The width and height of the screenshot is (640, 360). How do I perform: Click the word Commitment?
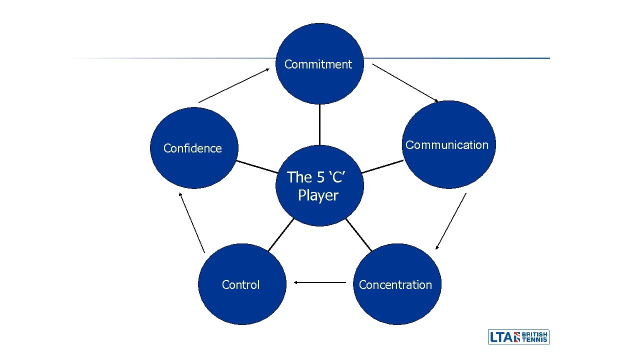click(318, 64)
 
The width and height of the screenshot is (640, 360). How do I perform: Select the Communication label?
click(446, 145)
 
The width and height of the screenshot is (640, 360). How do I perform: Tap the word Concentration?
click(395, 285)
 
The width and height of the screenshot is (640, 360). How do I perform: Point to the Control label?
click(240, 285)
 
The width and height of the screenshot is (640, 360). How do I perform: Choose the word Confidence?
click(192, 148)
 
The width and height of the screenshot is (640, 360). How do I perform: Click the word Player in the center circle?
click(318, 195)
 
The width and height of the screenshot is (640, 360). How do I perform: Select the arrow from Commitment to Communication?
click(405, 83)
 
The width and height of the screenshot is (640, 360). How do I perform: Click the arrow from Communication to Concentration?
click(450, 221)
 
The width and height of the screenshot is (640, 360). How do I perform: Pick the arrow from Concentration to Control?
click(320, 282)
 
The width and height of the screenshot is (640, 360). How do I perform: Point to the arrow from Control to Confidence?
click(192, 222)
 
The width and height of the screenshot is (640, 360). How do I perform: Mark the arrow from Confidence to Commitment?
click(233, 85)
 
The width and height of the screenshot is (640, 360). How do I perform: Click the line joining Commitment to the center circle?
click(319, 124)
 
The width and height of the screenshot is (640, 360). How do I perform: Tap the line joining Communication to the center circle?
click(382, 166)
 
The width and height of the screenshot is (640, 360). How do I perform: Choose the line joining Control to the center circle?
click(280, 234)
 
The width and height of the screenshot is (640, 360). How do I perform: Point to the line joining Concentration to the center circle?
click(358, 234)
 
